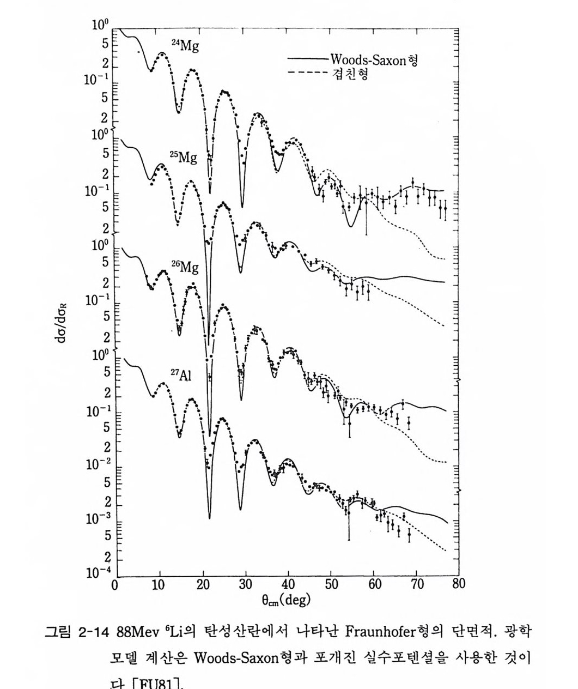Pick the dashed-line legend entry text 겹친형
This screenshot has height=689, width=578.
349,74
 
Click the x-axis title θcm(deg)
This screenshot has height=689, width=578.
285,600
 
